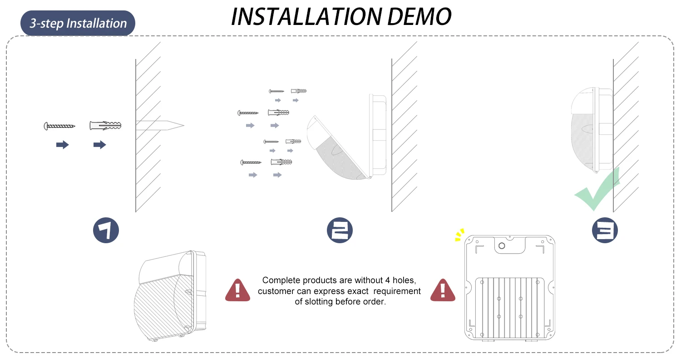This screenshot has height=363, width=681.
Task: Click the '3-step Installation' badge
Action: (x=78, y=23)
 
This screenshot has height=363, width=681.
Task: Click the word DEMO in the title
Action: (x=419, y=16)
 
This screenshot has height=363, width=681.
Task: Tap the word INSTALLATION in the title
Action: (x=306, y=16)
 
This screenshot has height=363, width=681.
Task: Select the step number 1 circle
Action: (x=106, y=230)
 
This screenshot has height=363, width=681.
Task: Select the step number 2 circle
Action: (x=340, y=230)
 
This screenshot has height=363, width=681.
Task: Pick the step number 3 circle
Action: (x=605, y=230)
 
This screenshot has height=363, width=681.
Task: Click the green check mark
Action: (x=597, y=189)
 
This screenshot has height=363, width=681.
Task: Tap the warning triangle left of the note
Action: (x=238, y=290)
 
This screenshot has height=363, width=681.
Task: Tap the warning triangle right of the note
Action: (x=443, y=290)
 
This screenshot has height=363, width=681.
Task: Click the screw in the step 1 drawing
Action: (x=59, y=126)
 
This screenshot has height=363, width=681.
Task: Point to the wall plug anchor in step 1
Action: (x=105, y=125)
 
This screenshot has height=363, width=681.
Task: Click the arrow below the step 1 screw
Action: (x=63, y=145)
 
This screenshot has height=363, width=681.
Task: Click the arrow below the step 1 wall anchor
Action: (x=100, y=145)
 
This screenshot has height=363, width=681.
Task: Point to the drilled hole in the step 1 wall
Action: (x=160, y=125)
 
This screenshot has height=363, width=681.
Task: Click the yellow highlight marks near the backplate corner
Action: (x=459, y=235)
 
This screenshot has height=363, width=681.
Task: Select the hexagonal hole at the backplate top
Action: (x=502, y=246)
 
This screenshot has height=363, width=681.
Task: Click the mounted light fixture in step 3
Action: (x=592, y=130)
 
